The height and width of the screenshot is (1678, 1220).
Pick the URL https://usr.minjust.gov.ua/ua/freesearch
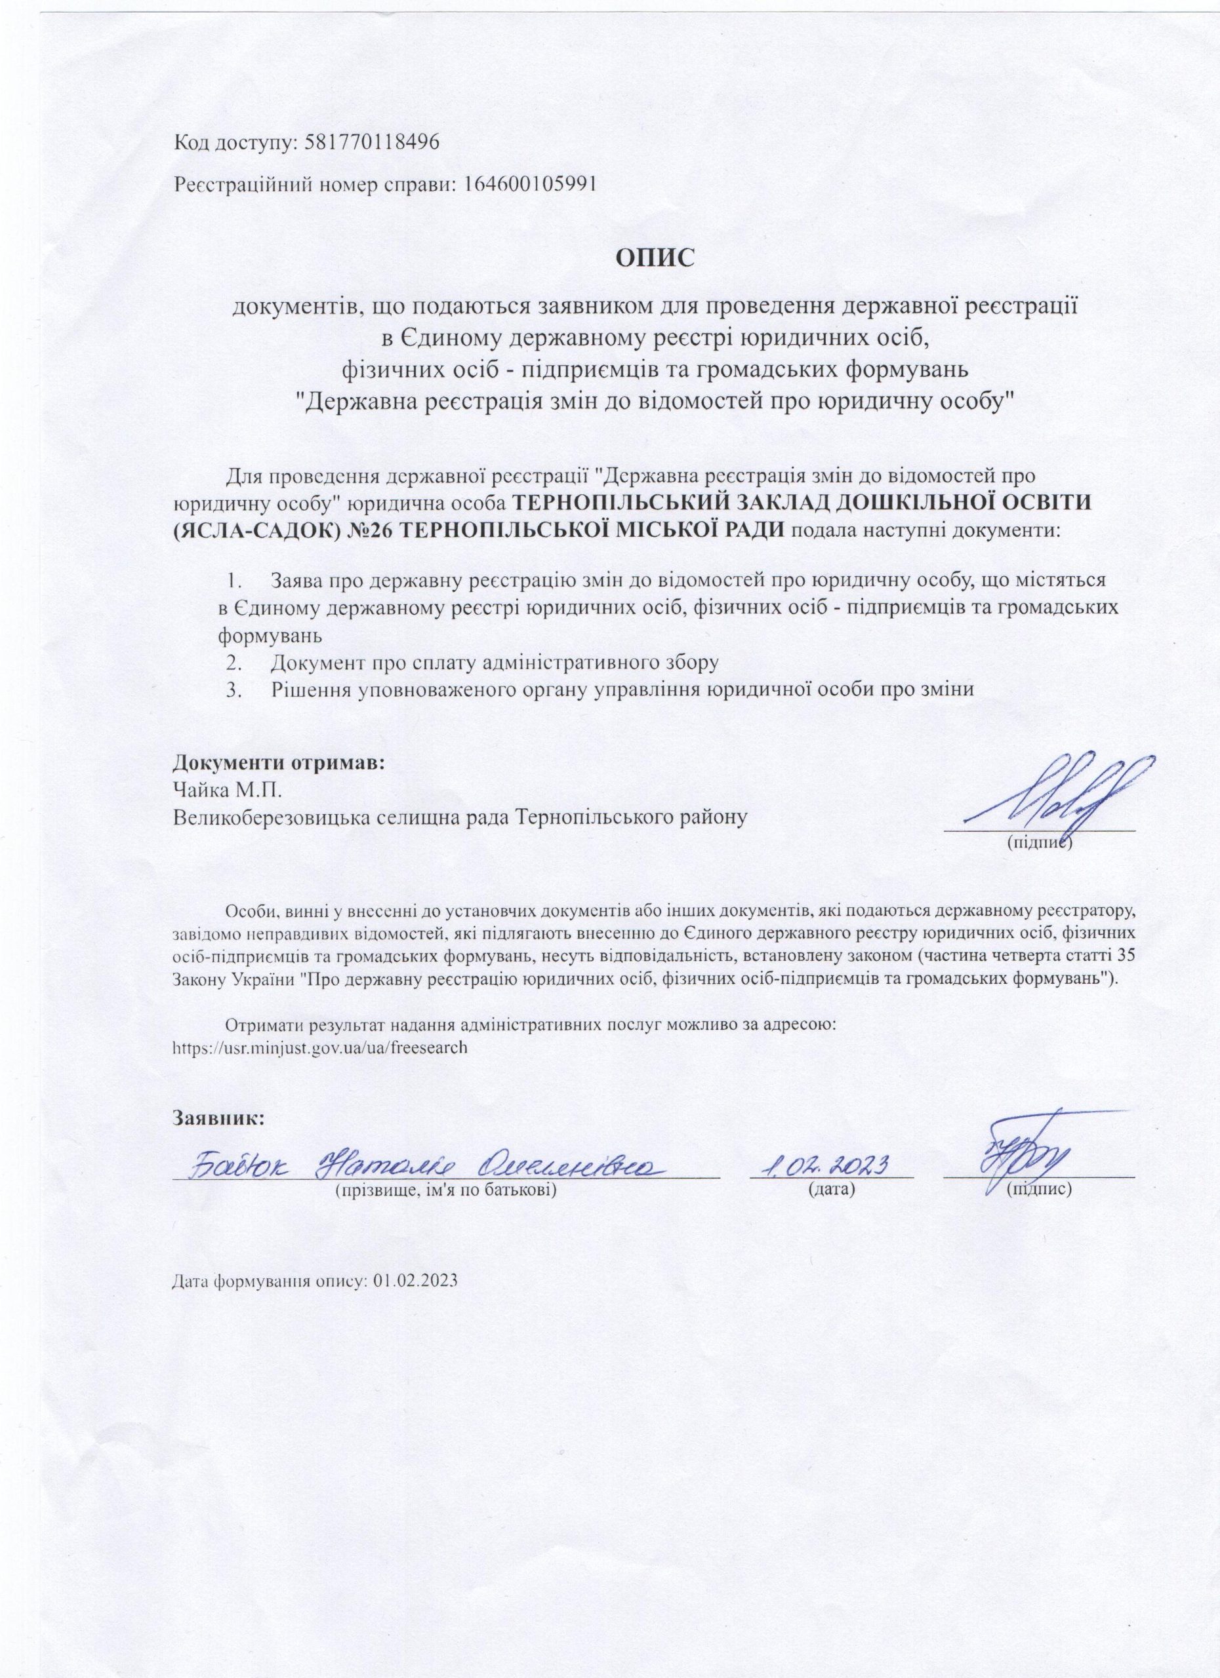point(320,1048)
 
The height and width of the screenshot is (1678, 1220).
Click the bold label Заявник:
point(218,1117)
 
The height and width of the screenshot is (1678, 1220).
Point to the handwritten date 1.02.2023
point(829,1165)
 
